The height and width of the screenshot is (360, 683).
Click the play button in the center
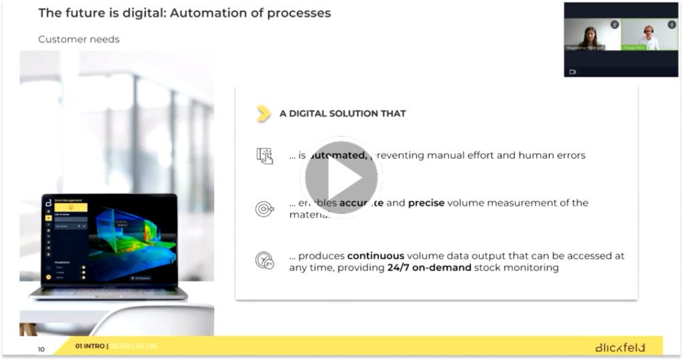pyautogui.click(x=341, y=178)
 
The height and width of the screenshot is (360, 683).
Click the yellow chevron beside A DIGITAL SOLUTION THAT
pyautogui.click(x=264, y=113)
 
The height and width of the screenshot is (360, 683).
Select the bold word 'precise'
pyautogui.click(x=427, y=203)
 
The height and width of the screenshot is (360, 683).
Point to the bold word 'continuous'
pyautogui.click(x=376, y=256)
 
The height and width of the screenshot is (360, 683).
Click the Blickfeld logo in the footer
pyautogui.click(x=620, y=347)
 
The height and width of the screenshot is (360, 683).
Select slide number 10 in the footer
pyautogui.click(x=41, y=349)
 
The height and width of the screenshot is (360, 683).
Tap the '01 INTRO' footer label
pyautogui.click(x=90, y=346)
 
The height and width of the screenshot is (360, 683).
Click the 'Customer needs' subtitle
pyautogui.click(x=79, y=39)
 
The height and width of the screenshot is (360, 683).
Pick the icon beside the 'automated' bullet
pyautogui.click(x=265, y=155)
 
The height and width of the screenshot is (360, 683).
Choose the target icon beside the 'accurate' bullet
pyautogui.click(x=265, y=209)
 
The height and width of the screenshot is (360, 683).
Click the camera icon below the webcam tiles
pyautogui.click(x=572, y=71)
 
